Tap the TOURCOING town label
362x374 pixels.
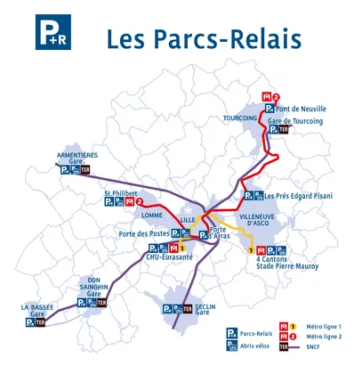coord(237,118)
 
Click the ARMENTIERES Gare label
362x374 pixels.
coord(76,158)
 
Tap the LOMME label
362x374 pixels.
coord(150,215)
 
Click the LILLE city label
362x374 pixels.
coord(187,219)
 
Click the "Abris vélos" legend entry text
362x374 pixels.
coord(254,346)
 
